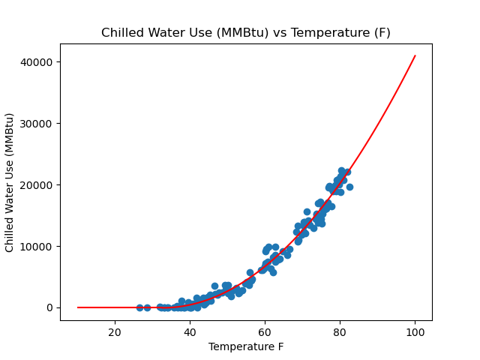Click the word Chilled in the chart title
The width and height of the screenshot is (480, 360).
tap(123, 33)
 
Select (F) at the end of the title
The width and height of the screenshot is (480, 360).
tap(381, 33)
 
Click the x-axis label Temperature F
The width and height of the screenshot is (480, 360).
tap(246, 346)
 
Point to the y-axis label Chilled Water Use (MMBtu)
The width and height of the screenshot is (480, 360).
tap(10, 182)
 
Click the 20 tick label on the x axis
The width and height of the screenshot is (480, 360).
tap(115, 333)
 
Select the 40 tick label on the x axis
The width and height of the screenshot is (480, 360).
tap(190, 333)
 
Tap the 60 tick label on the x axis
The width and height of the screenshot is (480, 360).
tap(265, 333)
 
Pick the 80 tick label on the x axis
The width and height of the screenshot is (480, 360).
tap(340, 333)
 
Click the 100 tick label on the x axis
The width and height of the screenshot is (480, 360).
tap(415, 333)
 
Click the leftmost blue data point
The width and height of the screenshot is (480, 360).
tap(139, 307)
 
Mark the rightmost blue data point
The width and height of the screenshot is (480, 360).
tap(349, 187)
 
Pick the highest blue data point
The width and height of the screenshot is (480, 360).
tap(341, 171)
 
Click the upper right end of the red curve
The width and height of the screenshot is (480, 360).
tap(415, 55)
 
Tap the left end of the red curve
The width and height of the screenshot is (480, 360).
tap(78, 307)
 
